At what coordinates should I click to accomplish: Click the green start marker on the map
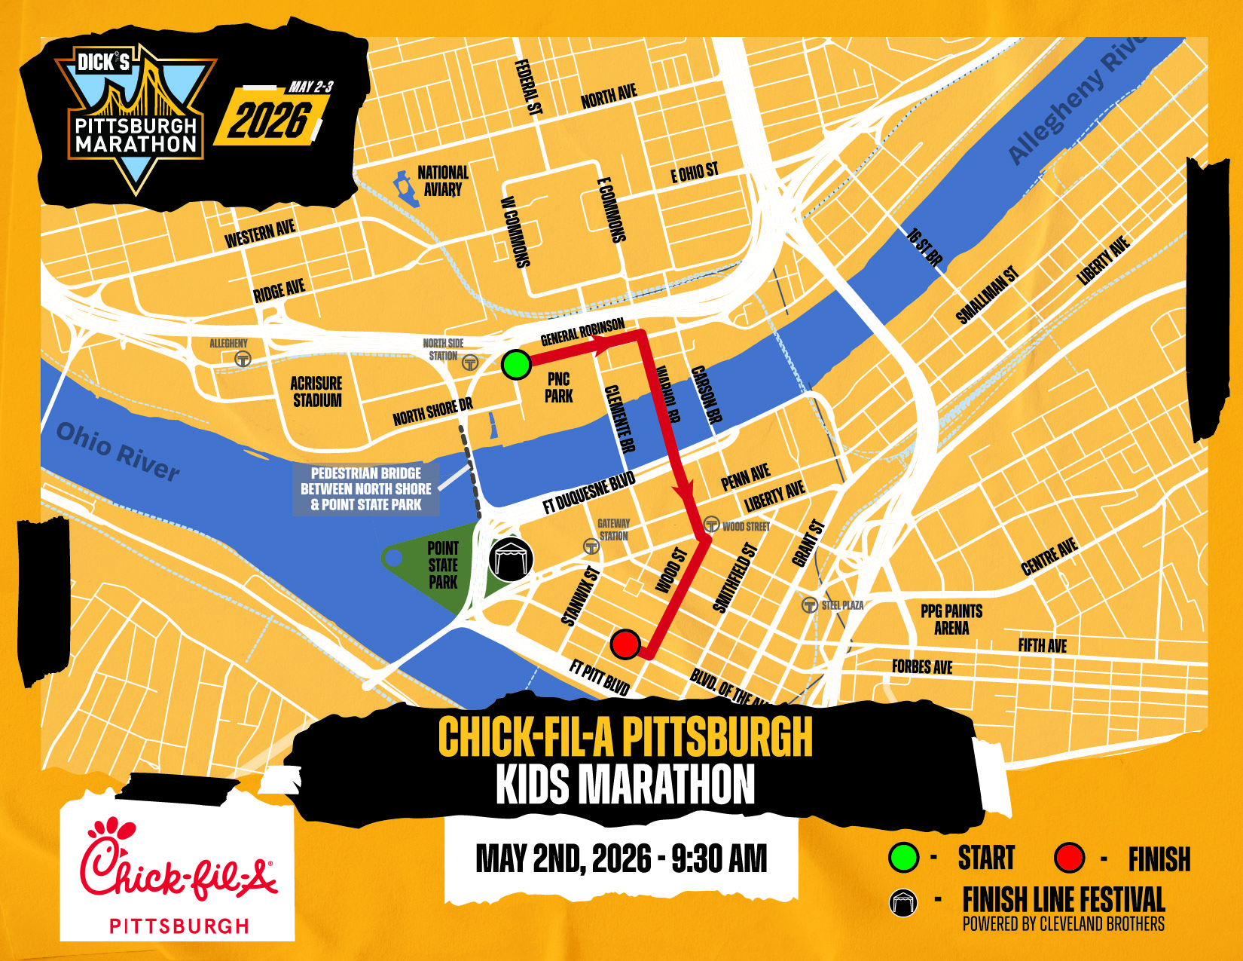[x=516, y=365]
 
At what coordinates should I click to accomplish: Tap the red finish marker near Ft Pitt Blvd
[x=625, y=644]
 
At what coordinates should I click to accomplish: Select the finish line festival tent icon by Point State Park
[x=511, y=559]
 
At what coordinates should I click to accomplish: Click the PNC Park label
[x=558, y=387]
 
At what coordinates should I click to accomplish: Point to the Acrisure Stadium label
[x=316, y=392]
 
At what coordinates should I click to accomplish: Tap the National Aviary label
[x=443, y=181]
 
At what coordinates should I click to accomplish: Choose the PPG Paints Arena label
[x=951, y=619]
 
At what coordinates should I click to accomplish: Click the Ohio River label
[x=118, y=451]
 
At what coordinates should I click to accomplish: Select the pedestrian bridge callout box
[x=366, y=489]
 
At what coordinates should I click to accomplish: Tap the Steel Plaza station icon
[x=809, y=604]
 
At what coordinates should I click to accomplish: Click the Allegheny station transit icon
[x=243, y=359]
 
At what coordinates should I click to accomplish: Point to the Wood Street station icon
[x=711, y=525]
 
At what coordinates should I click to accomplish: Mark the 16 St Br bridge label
[x=924, y=247]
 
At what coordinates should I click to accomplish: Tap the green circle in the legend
[x=903, y=857]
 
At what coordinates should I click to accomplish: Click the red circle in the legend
[x=1069, y=857]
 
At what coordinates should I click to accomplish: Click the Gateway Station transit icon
[x=591, y=546]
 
